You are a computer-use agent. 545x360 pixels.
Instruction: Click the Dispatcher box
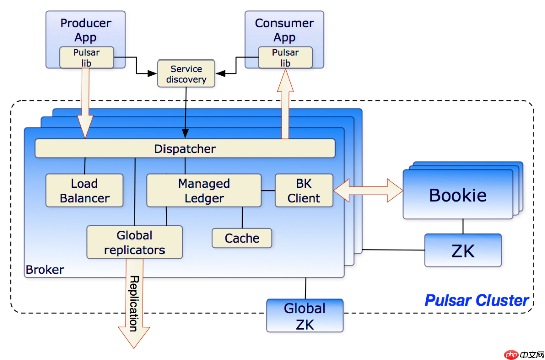(x=185, y=149)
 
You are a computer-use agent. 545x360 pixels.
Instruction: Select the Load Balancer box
(x=84, y=191)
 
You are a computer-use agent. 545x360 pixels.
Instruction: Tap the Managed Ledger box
(x=204, y=191)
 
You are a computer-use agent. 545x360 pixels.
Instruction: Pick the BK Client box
(x=304, y=191)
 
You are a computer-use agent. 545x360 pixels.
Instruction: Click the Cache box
(x=242, y=238)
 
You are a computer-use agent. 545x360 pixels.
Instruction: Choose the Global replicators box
(x=134, y=243)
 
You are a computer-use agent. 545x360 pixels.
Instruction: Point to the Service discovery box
(x=186, y=74)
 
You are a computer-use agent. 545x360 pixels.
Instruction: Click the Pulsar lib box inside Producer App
(x=86, y=57)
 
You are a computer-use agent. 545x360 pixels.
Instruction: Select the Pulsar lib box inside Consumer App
(x=285, y=57)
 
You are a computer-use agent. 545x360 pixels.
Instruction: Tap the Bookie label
(x=458, y=195)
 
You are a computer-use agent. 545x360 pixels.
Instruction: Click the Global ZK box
(x=305, y=316)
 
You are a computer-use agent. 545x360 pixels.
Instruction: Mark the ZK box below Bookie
(x=463, y=250)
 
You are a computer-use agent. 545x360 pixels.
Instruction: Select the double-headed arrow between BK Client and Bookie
(x=368, y=191)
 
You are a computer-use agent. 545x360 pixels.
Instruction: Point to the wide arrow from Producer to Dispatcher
(x=85, y=101)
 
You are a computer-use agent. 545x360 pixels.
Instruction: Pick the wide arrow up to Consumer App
(x=285, y=103)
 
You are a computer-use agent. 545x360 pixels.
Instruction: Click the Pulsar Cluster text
(x=476, y=301)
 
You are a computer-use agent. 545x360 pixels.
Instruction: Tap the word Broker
(x=45, y=270)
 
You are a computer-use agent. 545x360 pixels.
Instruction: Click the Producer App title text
(x=85, y=30)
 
